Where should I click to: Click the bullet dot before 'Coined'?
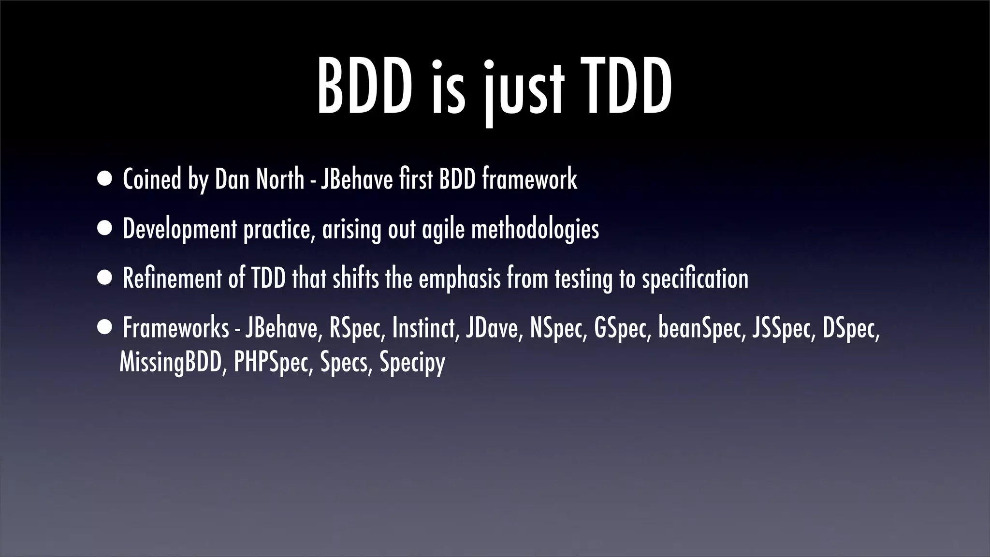tap(104, 179)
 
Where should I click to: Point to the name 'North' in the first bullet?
tap(280, 179)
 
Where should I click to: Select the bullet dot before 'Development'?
tap(104, 229)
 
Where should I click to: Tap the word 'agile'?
tap(443, 229)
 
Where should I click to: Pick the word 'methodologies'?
tap(535, 229)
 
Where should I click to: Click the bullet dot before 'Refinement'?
tap(104, 279)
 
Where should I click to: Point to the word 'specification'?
tap(695, 279)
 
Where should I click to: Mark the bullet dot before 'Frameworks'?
tap(104, 329)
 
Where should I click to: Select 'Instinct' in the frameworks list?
tap(424, 328)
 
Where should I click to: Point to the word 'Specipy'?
tap(412, 363)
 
